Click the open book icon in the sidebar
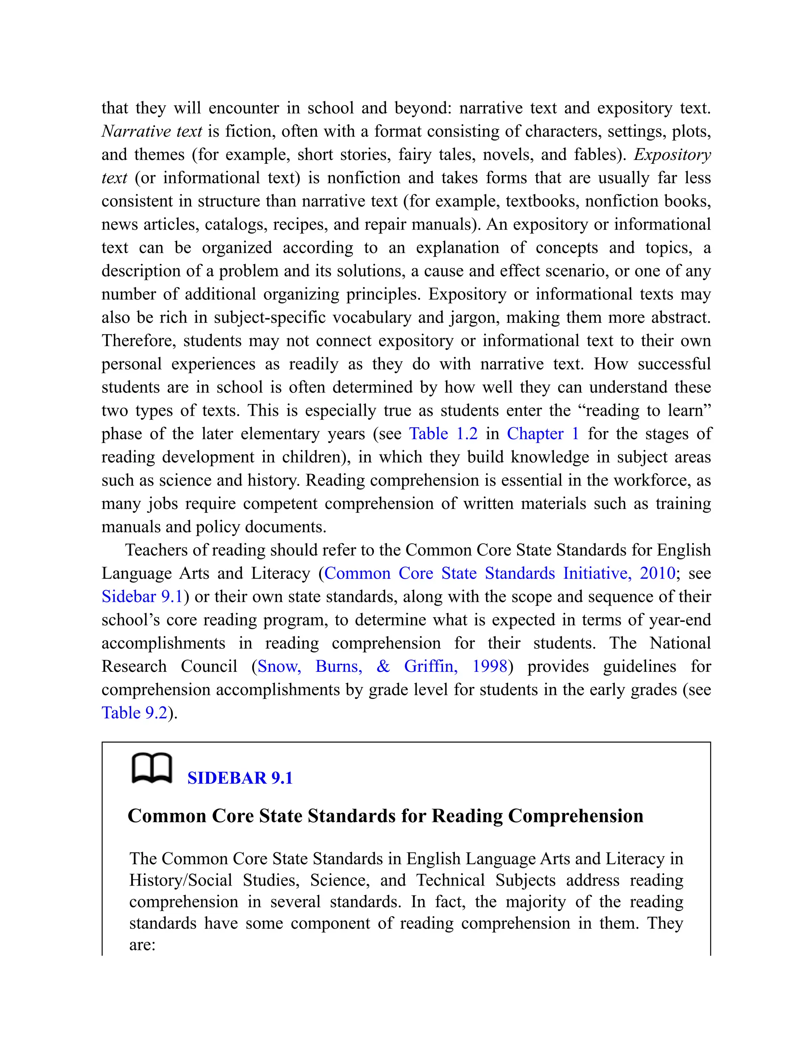(151, 769)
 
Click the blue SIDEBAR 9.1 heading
(240, 778)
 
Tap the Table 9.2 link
(134, 713)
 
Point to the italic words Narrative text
(152, 131)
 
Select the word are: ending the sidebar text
(142, 945)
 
